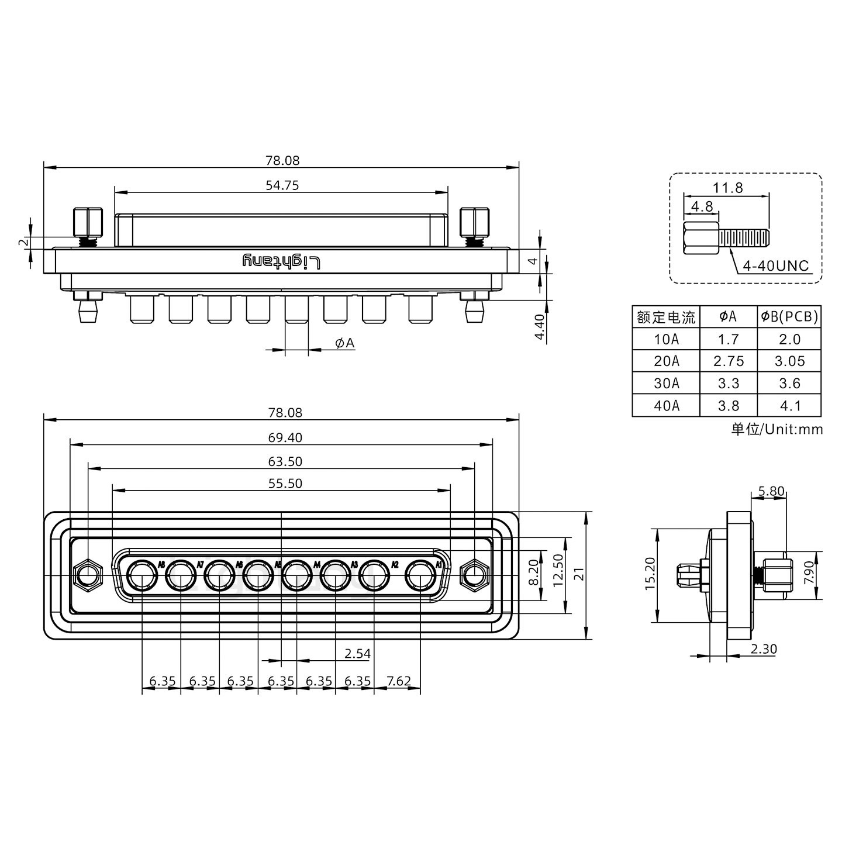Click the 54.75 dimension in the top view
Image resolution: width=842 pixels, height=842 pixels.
click(x=282, y=185)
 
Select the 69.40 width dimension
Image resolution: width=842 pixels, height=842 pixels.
click(x=285, y=437)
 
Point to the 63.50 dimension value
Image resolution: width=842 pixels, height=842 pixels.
click(x=285, y=461)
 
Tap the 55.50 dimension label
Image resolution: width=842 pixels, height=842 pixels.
click(x=285, y=484)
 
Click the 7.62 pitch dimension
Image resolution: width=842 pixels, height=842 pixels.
click(x=399, y=681)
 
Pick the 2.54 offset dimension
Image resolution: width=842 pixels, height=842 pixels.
click(x=357, y=653)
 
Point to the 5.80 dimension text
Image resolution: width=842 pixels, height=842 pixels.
click(x=771, y=491)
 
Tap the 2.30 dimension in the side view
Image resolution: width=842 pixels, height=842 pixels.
click(x=763, y=649)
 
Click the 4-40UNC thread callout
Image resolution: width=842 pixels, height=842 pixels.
click(x=775, y=266)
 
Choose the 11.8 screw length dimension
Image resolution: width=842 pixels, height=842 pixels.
click(x=727, y=188)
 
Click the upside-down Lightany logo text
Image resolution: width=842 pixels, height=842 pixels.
click(x=281, y=261)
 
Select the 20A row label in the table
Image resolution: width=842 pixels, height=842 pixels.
click(x=666, y=361)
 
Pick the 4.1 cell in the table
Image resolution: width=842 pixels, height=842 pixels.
click(x=789, y=405)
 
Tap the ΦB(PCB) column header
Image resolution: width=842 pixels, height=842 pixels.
click(x=789, y=317)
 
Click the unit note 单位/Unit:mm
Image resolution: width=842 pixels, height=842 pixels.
click(x=777, y=429)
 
